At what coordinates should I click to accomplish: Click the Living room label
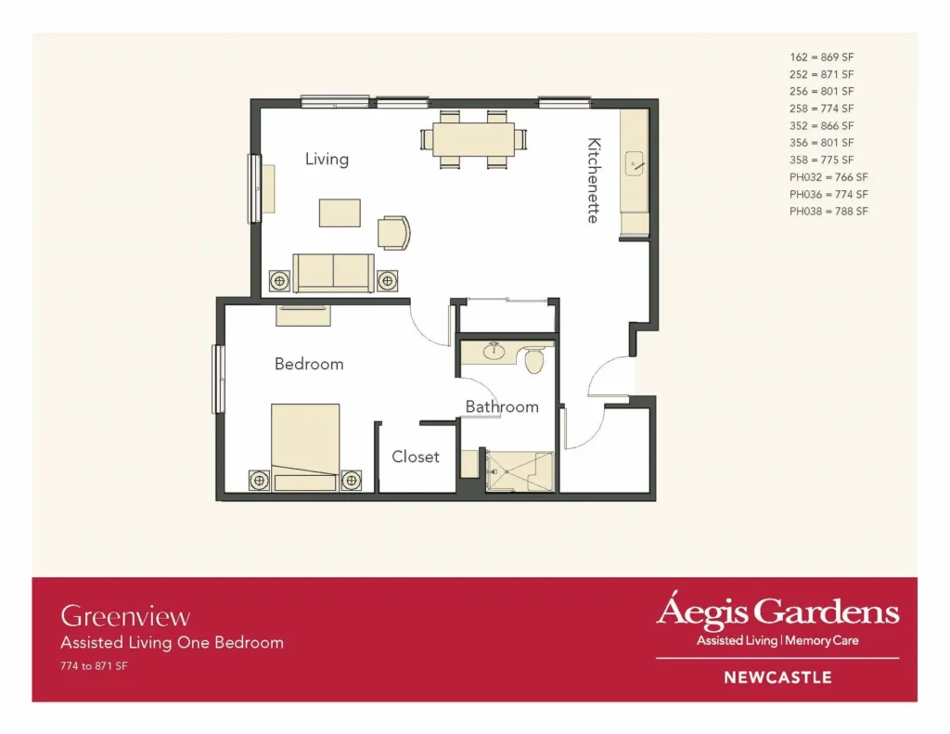(327, 160)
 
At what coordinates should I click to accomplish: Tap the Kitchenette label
(594, 181)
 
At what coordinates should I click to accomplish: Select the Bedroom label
(309, 364)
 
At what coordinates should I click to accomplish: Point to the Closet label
(415, 457)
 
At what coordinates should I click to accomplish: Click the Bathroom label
(502, 406)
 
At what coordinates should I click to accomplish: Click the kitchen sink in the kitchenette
(634, 163)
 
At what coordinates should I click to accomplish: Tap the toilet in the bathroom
(533, 360)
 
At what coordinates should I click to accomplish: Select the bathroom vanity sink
(494, 351)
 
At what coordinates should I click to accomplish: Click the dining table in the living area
(474, 139)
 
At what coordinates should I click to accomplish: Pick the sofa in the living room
(333, 273)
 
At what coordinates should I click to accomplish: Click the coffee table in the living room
(340, 212)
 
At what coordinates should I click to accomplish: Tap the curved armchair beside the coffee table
(393, 233)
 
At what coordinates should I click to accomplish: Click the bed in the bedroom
(305, 447)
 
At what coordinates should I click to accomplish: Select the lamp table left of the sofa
(279, 280)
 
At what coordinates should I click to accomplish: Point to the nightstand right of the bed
(352, 481)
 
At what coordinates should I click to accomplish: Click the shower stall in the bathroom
(520, 471)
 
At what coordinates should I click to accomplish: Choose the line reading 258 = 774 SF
(822, 109)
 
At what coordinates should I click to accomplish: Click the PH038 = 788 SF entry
(828, 212)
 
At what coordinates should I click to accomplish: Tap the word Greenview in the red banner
(125, 616)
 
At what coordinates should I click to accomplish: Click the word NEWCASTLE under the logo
(778, 677)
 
